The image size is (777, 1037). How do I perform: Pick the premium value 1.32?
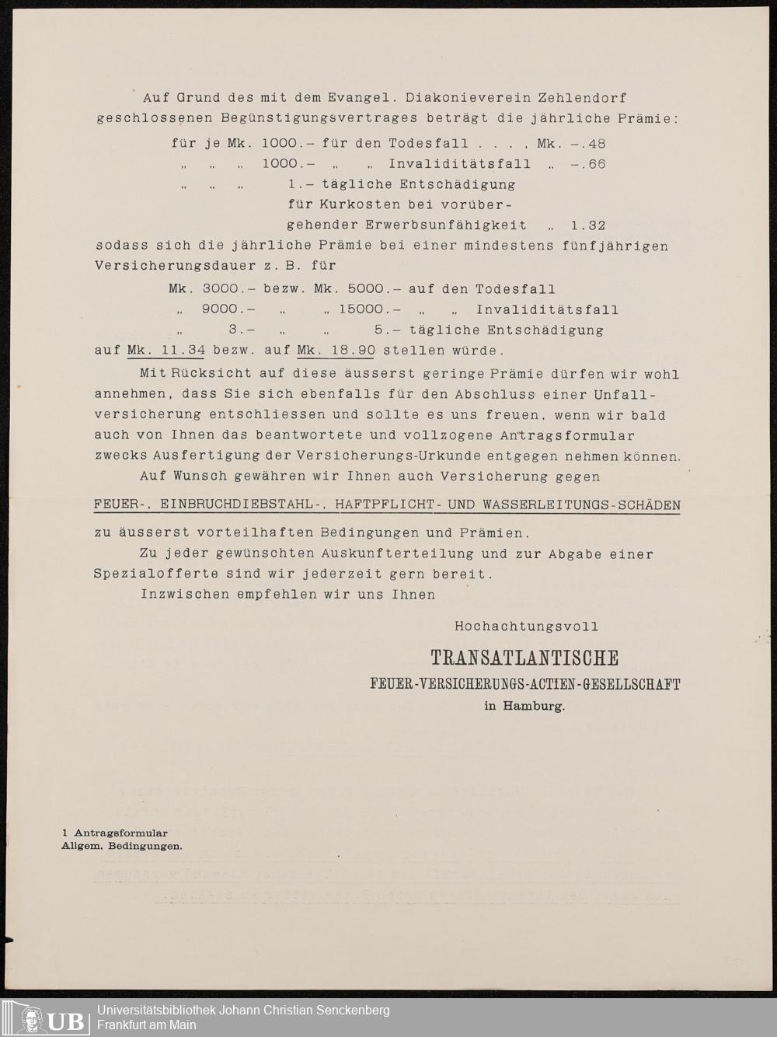point(587,225)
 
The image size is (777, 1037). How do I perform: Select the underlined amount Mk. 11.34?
point(166,351)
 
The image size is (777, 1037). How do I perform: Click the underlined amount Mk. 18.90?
point(336,351)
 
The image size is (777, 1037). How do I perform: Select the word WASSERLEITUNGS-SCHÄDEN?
point(581,505)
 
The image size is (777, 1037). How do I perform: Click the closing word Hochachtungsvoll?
point(526,626)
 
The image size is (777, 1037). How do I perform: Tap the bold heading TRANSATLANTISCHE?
point(524,658)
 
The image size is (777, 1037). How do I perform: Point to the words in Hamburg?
point(524,707)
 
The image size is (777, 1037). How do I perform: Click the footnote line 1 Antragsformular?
point(114,833)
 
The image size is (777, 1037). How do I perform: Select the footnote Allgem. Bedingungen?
point(122,846)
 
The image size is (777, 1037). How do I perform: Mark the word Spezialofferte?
point(156,574)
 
